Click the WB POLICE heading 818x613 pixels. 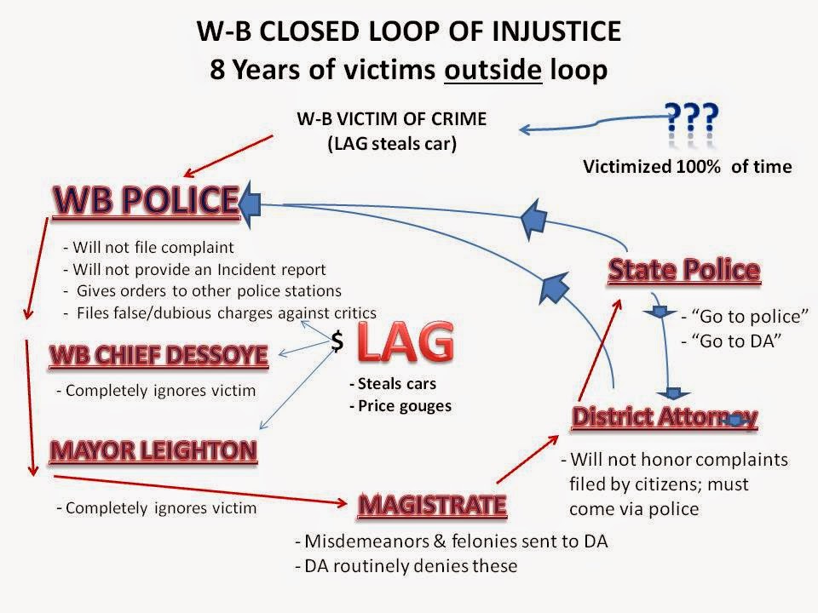(x=146, y=201)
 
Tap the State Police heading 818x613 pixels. (x=683, y=270)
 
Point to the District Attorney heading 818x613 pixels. (x=664, y=416)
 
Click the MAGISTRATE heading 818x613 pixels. (x=433, y=504)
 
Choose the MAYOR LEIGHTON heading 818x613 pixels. (x=154, y=450)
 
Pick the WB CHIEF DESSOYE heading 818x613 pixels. (x=158, y=354)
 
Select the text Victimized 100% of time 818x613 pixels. (x=687, y=167)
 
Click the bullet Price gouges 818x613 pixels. (x=400, y=406)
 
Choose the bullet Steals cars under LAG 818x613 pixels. (x=392, y=384)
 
